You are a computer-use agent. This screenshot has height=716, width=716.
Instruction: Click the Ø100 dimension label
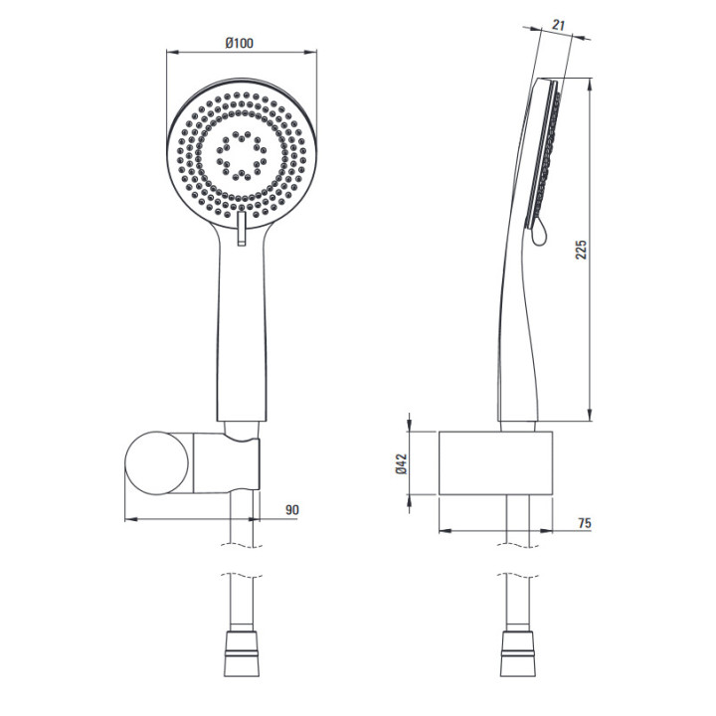coord(239,44)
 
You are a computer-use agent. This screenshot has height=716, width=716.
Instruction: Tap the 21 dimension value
coord(558,25)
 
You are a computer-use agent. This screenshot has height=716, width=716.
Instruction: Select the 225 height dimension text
coord(581,250)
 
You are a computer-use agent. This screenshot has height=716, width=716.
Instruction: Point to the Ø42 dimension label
coord(402,463)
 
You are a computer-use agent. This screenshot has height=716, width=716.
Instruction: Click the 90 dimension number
coord(292,509)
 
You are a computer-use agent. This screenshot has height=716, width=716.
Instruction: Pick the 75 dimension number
coord(585,523)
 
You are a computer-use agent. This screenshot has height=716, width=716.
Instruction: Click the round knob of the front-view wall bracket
coord(157,462)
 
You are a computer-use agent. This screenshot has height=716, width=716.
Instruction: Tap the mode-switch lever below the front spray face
coord(242,229)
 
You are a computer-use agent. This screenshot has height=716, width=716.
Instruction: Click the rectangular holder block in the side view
coord(496,462)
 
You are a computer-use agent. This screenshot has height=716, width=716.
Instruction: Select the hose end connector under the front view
coord(242,653)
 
